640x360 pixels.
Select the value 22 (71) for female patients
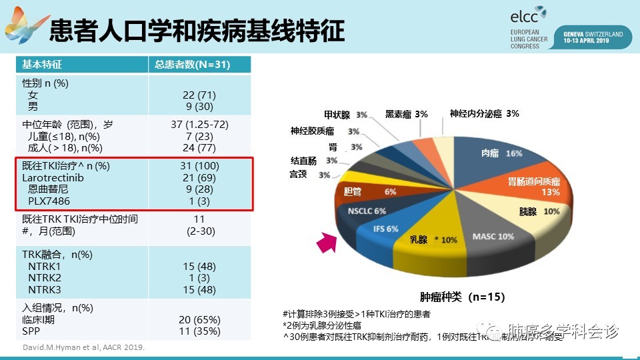[199, 95]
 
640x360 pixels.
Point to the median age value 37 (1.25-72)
[199, 125]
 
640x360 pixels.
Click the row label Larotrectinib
[53, 177]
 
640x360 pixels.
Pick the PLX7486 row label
[49, 201]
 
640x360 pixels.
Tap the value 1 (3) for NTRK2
[199, 278]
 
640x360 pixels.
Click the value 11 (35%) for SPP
[199, 331]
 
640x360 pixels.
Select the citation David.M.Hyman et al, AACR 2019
[83, 347]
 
